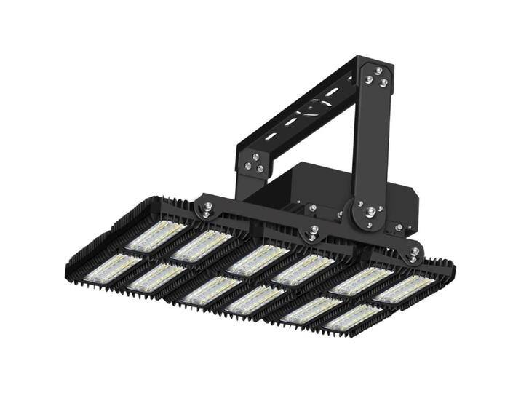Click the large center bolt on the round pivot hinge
tap(370, 212)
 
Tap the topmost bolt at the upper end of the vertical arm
tap(378, 71)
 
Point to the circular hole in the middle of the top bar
tap(314, 110)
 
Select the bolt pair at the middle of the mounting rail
tap(313, 233)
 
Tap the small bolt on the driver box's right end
tap(398, 228)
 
